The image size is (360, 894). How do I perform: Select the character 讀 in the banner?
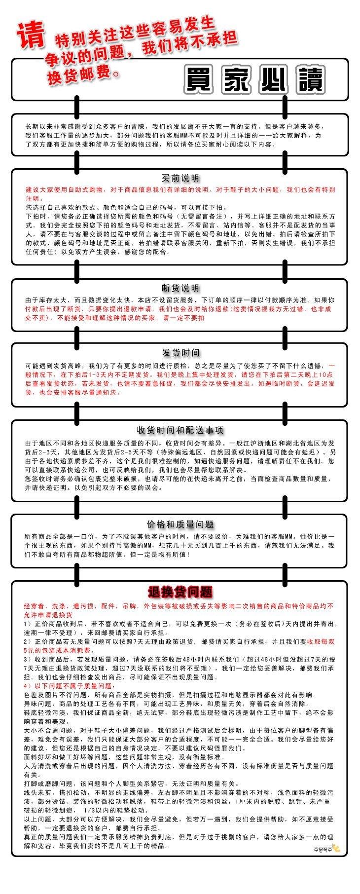[x=308, y=79]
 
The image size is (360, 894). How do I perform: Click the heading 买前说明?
[x=180, y=178]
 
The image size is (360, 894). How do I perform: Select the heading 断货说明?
[x=180, y=288]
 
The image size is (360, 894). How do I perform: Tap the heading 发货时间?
[x=180, y=353]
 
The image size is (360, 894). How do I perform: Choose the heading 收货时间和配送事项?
[x=180, y=430]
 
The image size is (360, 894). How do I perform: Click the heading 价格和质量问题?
[x=180, y=524]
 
